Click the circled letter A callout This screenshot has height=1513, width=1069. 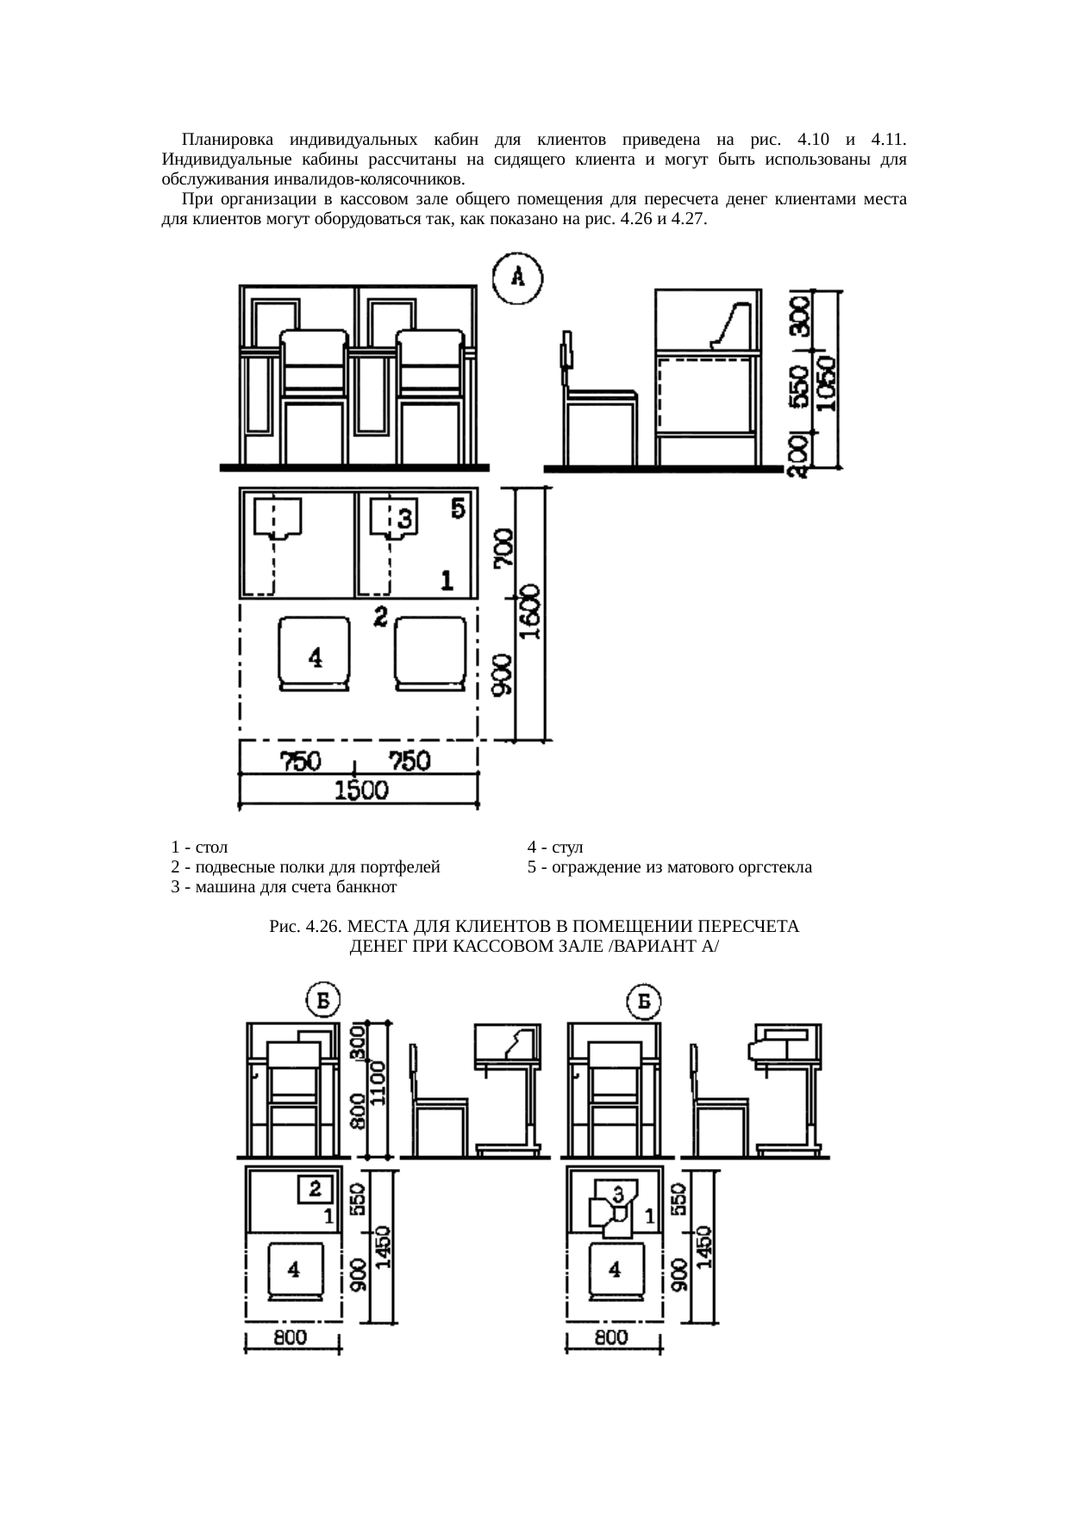517,278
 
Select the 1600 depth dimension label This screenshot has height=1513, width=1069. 532,612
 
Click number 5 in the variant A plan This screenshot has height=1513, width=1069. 459,508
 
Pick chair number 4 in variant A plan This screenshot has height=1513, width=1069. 315,653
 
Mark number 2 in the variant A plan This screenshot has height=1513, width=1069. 380,616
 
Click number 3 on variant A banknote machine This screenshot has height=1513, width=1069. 405,518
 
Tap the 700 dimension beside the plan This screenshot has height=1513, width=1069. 504,549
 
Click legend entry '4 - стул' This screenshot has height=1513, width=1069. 556,846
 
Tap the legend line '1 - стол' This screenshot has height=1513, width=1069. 199,846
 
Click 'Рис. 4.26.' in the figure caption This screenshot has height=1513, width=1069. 306,927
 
